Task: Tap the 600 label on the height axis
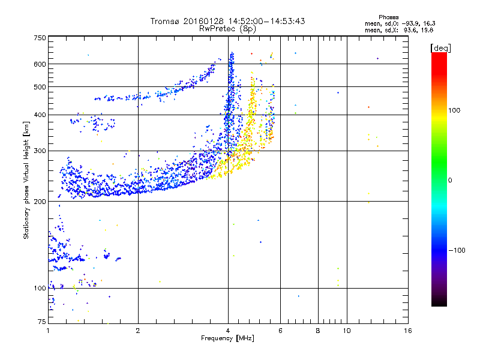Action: (40, 64)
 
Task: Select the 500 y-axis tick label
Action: (40, 87)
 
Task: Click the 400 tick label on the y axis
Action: (40, 115)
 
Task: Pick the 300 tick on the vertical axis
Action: (40, 151)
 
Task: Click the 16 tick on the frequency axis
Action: (407, 331)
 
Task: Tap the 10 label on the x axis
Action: (346, 331)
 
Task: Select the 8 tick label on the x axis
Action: (318, 331)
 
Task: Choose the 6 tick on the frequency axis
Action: (280, 331)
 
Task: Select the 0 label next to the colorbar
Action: (451, 180)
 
